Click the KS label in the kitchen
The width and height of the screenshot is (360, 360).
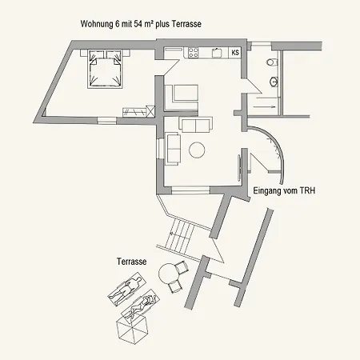tap(235, 52)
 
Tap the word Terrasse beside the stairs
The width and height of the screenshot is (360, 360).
tap(132, 262)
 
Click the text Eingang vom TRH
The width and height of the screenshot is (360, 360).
tap(284, 191)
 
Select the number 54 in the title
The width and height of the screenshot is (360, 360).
tap(138, 24)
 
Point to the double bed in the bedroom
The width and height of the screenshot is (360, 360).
tap(105, 69)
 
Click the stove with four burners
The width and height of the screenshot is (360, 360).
tap(194, 53)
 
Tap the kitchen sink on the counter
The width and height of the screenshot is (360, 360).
tap(217, 53)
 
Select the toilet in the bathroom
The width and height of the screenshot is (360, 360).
tap(272, 62)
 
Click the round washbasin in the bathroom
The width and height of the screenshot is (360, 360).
tap(274, 82)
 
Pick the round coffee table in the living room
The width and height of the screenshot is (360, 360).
tap(197, 150)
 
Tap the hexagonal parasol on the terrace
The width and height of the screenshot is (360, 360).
tap(132, 329)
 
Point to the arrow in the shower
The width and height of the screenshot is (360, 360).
tap(264, 107)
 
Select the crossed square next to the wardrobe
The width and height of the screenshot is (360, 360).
tap(150, 111)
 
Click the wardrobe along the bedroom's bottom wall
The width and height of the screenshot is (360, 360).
tap(134, 112)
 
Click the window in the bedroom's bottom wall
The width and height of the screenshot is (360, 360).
tap(106, 121)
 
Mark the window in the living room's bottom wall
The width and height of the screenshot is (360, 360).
tap(190, 190)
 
